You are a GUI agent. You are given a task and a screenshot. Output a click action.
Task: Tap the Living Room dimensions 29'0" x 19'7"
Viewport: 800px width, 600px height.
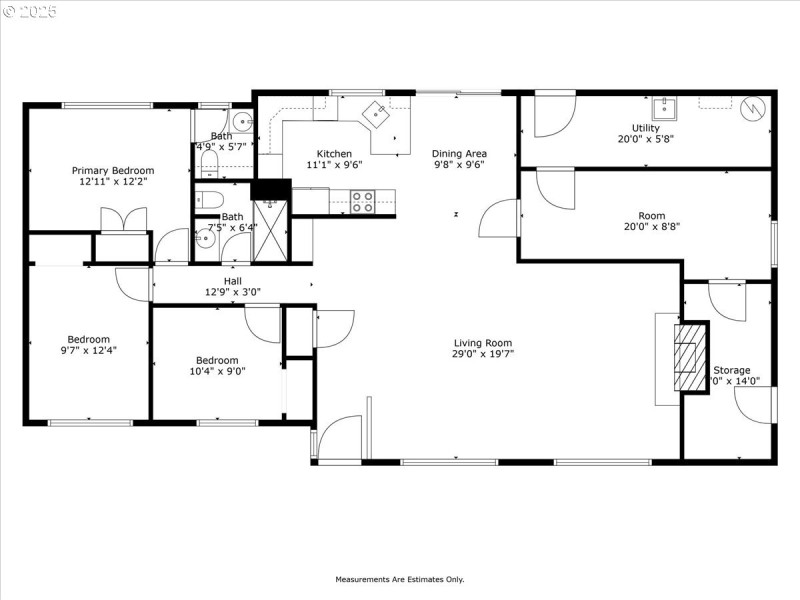coord(481,354)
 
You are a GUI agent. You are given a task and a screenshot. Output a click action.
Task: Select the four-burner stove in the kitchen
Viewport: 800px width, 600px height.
coord(363,202)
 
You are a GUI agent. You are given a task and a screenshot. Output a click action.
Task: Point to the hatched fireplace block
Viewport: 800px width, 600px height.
coord(688,357)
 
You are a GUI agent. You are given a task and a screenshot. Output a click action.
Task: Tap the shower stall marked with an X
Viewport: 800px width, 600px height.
coord(270,229)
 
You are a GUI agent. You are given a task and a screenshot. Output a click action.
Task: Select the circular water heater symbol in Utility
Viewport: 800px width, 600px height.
coord(756,107)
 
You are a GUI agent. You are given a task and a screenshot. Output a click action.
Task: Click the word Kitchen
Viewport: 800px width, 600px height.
coord(334,154)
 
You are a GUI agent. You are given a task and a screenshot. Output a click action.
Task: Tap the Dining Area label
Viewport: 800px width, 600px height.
coord(458,154)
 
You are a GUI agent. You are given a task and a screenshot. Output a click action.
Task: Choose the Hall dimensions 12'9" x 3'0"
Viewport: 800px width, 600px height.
coord(232,293)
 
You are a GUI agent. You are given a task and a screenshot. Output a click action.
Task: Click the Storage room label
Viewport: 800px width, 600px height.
coord(731,370)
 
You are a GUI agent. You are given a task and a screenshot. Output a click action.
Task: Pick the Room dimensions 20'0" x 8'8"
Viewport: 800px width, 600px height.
coord(651,227)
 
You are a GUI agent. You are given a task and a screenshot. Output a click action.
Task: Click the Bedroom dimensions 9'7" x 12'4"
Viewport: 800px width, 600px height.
coord(89,350)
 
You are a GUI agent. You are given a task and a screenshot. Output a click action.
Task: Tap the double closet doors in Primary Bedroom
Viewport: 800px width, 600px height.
coord(123,219)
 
